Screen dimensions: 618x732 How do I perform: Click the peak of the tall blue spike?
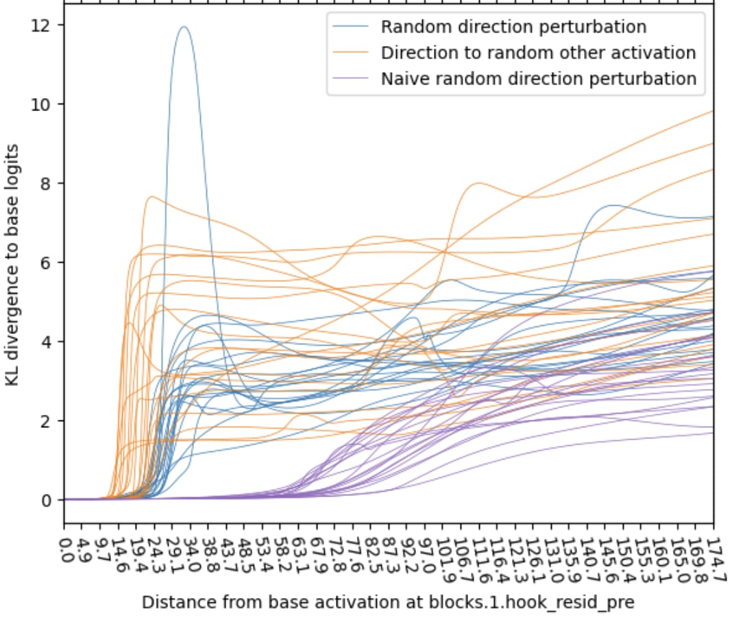point(184,27)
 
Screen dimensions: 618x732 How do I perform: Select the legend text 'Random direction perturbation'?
point(513,27)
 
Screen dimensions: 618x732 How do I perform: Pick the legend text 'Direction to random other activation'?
point(538,53)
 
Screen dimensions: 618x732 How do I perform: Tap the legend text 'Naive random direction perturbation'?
point(538,79)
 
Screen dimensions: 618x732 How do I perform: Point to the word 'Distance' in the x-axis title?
point(171,603)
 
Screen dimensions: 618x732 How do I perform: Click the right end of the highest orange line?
point(713,111)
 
